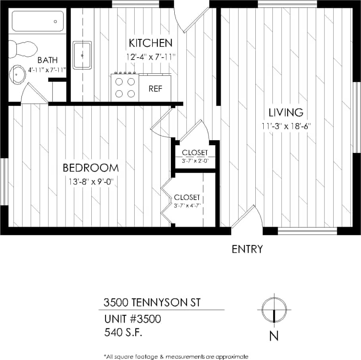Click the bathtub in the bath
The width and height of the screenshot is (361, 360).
[x=38, y=21]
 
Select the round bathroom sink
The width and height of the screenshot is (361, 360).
[x=18, y=74]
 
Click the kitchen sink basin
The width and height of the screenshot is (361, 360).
[x=82, y=55]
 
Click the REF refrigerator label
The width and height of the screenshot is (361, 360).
[x=156, y=89]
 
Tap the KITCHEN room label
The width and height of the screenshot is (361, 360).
[x=151, y=43]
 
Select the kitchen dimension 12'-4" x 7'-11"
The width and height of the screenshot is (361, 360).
[x=151, y=57]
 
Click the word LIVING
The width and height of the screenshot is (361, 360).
[x=286, y=112]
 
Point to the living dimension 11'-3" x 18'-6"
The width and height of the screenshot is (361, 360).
[x=286, y=127]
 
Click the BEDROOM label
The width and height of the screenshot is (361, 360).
[x=91, y=168]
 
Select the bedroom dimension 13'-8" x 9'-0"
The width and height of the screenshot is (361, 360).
[x=91, y=182]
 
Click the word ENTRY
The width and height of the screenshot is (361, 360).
[x=247, y=249]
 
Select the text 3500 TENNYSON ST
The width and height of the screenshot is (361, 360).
[x=152, y=303]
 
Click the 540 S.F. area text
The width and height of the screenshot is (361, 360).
[x=123, y=332]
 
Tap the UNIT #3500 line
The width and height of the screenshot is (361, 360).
[x=133, y=319]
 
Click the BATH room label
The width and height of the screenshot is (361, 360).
[x=48, y=60]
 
